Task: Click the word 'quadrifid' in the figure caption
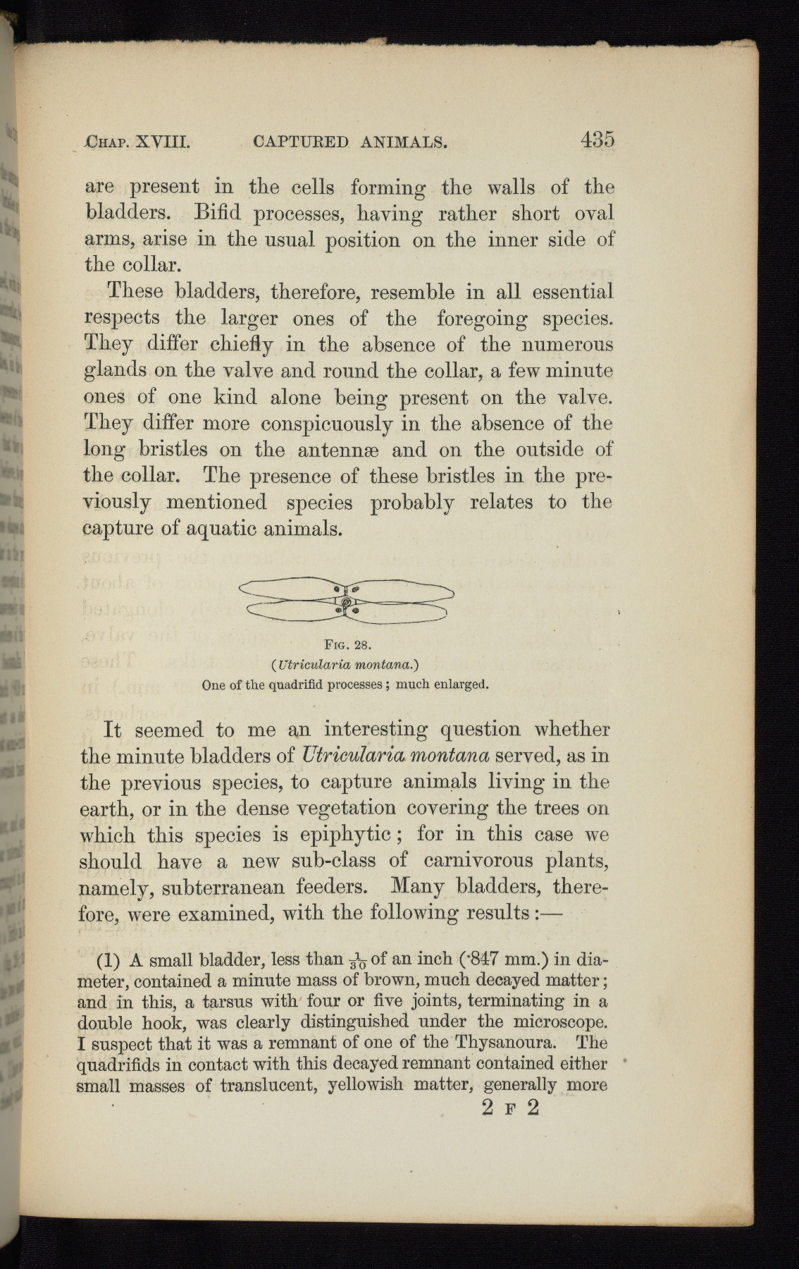(x=257, y=685)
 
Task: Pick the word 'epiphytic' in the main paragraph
(x=340, y=835)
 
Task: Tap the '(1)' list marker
(x=109, y=960)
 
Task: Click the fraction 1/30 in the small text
(x=358, y=961)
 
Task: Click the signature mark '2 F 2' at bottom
(x=510, y=1108)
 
